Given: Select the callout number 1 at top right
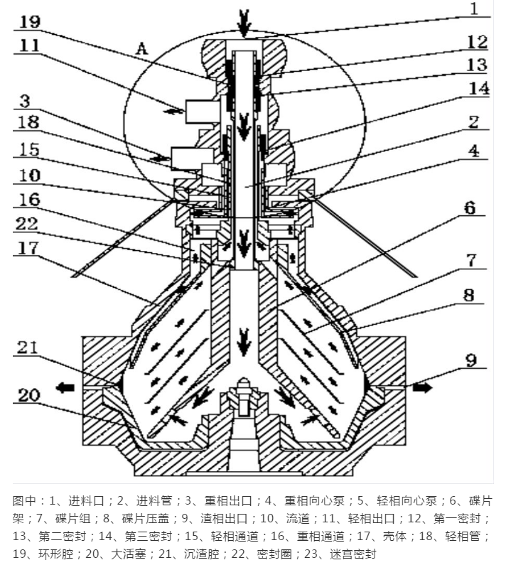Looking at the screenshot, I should (475, 10).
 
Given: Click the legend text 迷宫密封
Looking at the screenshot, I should (349, 553).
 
